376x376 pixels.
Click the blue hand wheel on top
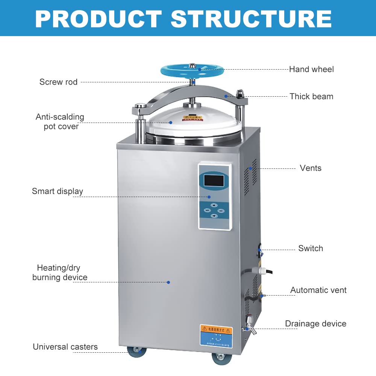192,70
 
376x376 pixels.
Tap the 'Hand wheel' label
311,69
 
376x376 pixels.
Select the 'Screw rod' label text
58,82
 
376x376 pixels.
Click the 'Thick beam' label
311,96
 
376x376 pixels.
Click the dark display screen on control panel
214,180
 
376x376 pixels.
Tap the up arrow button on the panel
214,205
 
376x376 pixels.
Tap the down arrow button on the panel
214,216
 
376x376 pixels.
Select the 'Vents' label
311,168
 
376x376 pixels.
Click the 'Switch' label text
311,248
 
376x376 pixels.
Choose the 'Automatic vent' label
318,290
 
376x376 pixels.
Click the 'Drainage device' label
315,324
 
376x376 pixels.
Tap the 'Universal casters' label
65,347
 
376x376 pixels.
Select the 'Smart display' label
57,191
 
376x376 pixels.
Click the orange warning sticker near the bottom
216,330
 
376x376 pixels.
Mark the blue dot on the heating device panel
168,282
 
